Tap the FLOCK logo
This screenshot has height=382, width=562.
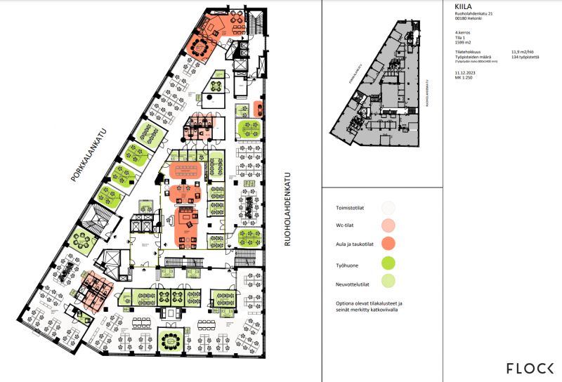(x=530, y=368)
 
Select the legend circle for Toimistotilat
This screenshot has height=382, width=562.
(x=388, y=208)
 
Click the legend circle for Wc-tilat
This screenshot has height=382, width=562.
(x=388, y=226)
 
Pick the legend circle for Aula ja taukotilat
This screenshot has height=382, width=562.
(x=388, y=244)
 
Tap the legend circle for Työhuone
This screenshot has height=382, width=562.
(x=388, y=264)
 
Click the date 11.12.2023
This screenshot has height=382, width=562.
(x=466, y=72)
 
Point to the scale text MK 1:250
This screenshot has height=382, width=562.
(x=464, y=77)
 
